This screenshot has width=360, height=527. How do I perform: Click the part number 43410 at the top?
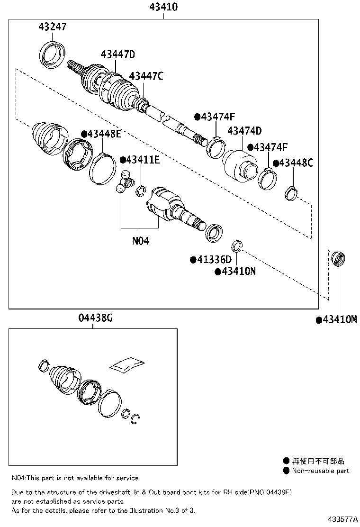pyautogui.click(x=163, y=8)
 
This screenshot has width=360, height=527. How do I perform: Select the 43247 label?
pyautogui.click(x=53, y=27)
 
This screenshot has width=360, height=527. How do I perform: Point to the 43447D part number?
pyautogui.click(x=118, y=55)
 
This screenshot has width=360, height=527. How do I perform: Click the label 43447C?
pyautogui.click(x=146, y=76)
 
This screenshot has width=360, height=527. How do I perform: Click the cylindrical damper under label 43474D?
pyautogui.click(x=240, y=165)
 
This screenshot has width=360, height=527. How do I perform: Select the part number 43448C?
pyautogui.click(x=296, y=163)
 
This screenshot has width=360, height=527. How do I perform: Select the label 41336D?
pyautogui.click(x=214, y=260)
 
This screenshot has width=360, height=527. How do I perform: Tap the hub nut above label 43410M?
pyautogui.click(x=337, y=259)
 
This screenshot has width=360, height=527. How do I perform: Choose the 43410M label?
pyautogui.click(x=339, y=320)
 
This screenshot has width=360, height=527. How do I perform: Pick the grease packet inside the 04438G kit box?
pyautogui.click(x=126, y=364)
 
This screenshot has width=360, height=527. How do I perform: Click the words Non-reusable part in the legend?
pyautogui.click(x=320, y=471)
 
